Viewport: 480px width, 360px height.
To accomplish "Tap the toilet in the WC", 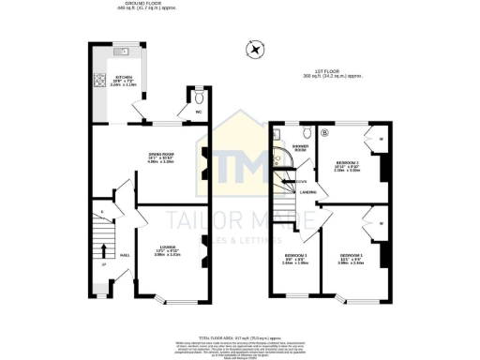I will pyautogui.click(x=198, y=96).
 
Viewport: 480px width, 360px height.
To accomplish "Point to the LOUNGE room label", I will pyautogui.click(x=165, y=250).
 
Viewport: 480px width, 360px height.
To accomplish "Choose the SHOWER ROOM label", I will pyautogui.click(x=301, y=147).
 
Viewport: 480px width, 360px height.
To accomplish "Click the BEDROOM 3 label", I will pyautogui.click(x=295, y=255).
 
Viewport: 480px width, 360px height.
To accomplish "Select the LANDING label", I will pyautogui.click(x=307, y=191).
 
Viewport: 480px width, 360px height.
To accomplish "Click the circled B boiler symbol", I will pyautogui.click(x=325, y=132).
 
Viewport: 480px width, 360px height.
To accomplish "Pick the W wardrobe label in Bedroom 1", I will pyautogui.click(x=384, y=223).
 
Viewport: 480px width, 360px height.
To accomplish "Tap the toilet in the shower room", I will pyautogui.click(x=278, y=159).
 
